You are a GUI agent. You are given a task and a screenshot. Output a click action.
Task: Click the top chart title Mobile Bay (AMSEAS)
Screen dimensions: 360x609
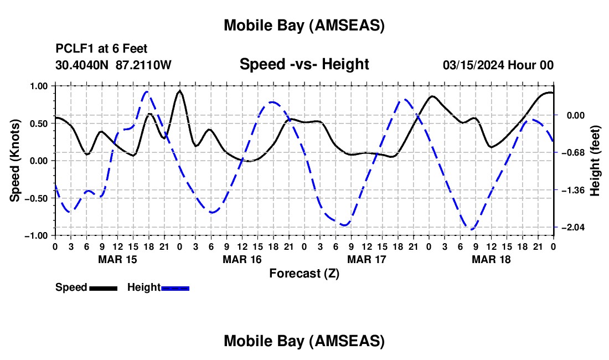(304, 25)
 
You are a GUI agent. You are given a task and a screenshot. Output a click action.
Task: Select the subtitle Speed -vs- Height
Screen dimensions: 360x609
(304, 64)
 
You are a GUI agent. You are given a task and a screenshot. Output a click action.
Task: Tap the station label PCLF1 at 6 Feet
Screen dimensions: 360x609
(101, 49)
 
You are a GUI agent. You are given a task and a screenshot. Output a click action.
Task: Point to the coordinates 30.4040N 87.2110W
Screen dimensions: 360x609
(113, 65)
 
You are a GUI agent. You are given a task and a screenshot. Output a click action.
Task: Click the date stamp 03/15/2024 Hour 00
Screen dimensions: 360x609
(498, 65)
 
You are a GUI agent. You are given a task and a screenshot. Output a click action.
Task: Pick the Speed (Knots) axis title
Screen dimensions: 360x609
(16, 161)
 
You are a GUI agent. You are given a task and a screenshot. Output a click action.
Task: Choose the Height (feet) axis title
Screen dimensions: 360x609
(595, 161)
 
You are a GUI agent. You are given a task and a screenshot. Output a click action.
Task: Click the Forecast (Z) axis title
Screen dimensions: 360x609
(304, 273)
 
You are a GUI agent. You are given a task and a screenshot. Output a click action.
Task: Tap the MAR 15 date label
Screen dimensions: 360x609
(117, 259)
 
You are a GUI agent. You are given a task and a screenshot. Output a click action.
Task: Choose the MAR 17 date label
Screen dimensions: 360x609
(366, 259)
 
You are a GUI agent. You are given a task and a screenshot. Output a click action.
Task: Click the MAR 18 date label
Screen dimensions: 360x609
(491, 259)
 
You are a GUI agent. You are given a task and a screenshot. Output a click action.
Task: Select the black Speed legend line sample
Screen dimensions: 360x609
(103, 288)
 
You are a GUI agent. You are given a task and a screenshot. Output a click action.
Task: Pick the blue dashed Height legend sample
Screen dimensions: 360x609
(176, 288)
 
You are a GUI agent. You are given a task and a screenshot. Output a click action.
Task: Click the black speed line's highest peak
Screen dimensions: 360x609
(180, 91)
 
